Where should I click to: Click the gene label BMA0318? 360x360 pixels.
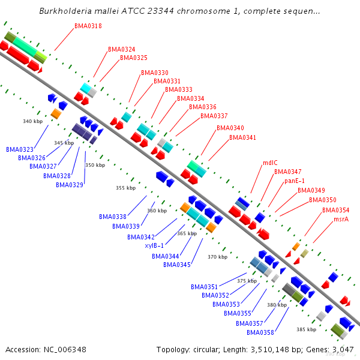click(88, 26)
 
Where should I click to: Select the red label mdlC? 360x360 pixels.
click(270, 163)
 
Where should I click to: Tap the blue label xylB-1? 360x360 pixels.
click(154, 245)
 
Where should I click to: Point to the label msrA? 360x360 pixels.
click(341, 219)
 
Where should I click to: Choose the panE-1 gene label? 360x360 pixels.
click(295, 181)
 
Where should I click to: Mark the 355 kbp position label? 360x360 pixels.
click(125, 188)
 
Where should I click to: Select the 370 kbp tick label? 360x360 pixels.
click(217, 257)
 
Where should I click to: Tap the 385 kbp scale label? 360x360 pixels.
click(306, 329)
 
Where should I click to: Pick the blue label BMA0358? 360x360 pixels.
click(260, 332)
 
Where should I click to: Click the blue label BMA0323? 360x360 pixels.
click(20, 149)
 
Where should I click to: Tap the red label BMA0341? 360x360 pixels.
click(242, 137)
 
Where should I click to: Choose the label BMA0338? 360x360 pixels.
click(113, 217)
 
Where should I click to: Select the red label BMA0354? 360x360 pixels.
click(335, 210)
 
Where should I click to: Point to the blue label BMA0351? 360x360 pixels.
click(205, 287)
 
